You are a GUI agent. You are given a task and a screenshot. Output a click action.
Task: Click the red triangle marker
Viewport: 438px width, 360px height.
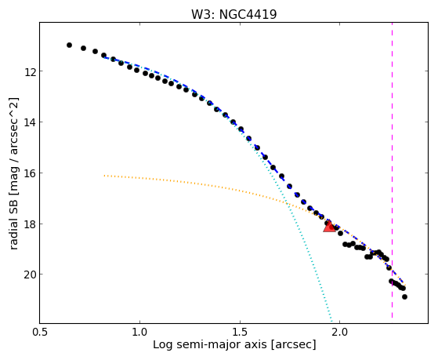pos(329,227)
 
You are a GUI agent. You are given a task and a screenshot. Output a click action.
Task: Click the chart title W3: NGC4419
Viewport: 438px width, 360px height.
pos(233,15)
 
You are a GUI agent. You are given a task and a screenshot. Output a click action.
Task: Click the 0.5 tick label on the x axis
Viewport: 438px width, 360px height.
pos(40,332)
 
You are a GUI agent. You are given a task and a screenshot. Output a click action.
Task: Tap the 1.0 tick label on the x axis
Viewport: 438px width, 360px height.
pos(139,332)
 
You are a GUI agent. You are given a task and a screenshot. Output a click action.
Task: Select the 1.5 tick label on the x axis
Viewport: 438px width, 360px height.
pos(240,332)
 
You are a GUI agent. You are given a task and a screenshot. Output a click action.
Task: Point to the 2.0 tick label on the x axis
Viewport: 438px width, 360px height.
pos(339,332)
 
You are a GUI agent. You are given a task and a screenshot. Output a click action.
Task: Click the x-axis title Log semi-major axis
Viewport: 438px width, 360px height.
pos(209,344)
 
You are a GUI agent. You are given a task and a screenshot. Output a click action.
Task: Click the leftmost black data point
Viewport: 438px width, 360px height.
pos(69,45)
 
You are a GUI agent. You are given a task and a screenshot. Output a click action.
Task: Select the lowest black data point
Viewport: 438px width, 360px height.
pos(404,296)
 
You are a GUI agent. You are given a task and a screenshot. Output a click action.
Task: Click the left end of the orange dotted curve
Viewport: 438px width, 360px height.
pos(104,176)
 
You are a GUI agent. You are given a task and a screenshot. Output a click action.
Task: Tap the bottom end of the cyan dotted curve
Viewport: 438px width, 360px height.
pos(331,322)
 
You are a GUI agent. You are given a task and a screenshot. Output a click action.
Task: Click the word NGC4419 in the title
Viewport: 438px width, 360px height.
pos(248,15)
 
